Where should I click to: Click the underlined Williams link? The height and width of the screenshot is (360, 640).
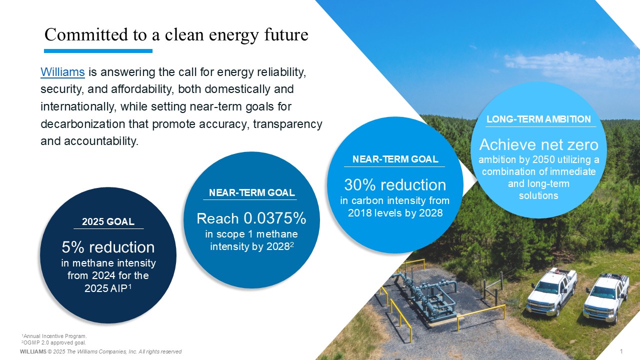pos(62,72)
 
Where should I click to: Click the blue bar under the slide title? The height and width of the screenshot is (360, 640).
pos(98,51)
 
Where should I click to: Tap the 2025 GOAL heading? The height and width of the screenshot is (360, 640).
pos(108,221)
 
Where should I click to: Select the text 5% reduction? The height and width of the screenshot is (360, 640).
pos(108,247)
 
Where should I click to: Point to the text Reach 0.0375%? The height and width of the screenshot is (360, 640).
pos(251,218)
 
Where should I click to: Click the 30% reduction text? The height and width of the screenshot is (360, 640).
pos(395,185)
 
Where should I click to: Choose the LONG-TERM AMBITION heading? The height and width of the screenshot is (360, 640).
pos(538,119)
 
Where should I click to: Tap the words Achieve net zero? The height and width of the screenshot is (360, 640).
pos(539,144)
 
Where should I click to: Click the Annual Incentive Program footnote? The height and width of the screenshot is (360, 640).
pos(54,336)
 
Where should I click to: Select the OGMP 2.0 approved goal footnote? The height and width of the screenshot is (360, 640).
pos(53,342)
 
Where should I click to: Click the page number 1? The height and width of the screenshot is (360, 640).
pos(621,351)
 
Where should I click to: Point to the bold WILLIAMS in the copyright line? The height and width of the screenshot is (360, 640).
pos(33,351)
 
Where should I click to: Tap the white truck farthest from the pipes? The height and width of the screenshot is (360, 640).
pos(606,298)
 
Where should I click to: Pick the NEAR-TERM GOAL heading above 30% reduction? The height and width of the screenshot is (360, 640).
pos(395,159)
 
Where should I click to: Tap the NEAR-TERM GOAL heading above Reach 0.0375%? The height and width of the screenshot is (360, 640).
pos(251,193)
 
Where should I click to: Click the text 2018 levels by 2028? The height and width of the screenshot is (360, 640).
pos(395,213)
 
